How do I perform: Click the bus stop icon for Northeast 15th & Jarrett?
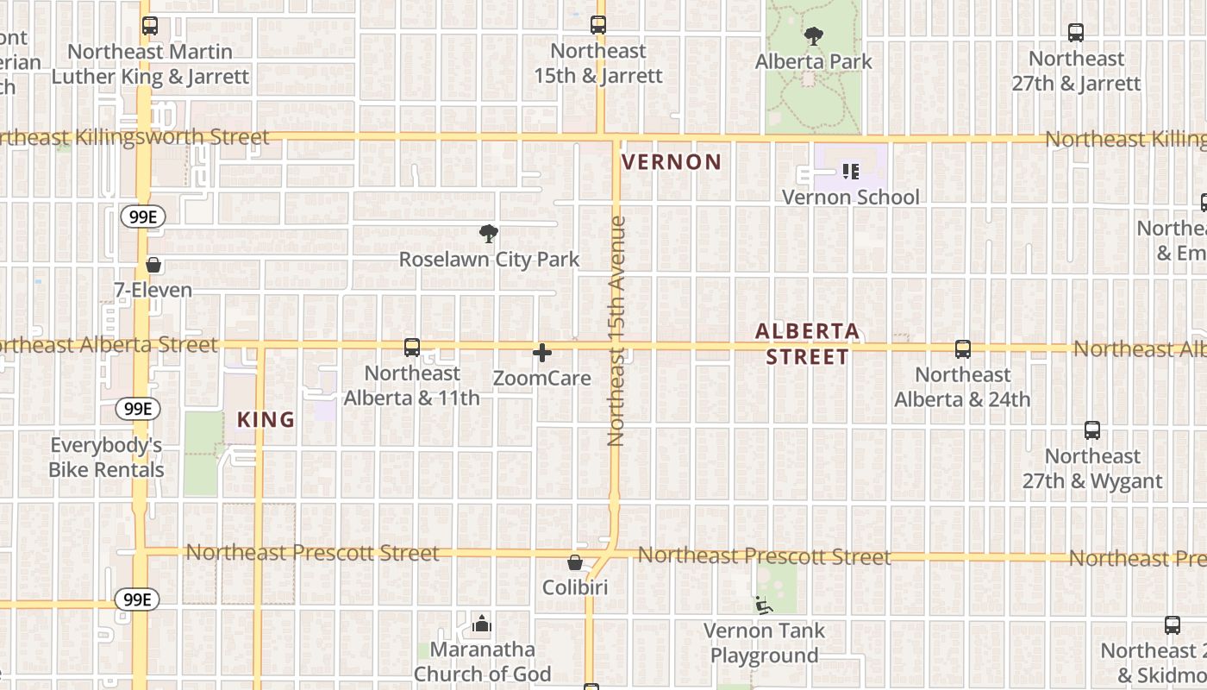tap(598, 25)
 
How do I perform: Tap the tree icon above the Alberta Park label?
tap(813, 36)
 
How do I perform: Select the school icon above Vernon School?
tap(851, 172)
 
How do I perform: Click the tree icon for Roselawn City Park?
tap(489, 234)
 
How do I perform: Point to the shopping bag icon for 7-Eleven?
tap(153, 265)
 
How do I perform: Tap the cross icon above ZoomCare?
tap(542, 353)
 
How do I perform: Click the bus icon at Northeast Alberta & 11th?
tap(412, 348)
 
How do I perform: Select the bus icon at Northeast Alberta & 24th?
tap(963, 349)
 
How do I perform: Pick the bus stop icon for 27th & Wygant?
tap(1092, 430)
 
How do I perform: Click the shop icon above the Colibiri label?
tap(575, 563)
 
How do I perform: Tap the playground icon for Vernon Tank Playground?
tap(763, 605)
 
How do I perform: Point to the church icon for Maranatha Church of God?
tap(482, 624)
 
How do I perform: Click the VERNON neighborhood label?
tap(672, 162)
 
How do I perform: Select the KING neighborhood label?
tap(266, 420)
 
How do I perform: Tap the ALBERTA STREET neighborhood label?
tap(808, 344)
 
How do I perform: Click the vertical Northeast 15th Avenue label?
tap(616, 330)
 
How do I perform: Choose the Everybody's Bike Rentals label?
tap(106, 458)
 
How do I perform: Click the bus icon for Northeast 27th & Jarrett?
tap(1076, 33)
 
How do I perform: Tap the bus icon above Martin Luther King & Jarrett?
tap(150, 26)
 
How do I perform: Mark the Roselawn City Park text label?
tap(489, 260)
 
